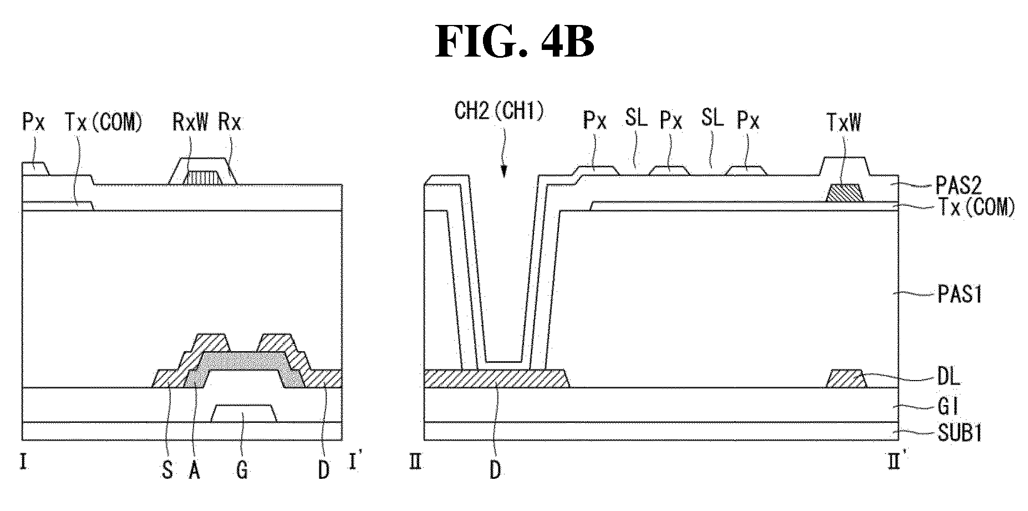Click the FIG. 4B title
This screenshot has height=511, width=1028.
pos(515,42)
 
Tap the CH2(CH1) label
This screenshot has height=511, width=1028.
pos(499,112)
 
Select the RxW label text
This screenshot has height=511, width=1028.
pos(190,122)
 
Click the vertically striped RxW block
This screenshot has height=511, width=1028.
pos(203,178)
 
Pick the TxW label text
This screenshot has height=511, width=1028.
pos(843,122)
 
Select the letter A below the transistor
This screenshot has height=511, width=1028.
pos(195,470)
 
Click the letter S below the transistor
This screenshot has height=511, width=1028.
pos(167,470)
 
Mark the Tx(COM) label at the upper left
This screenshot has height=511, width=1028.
pos(104,122)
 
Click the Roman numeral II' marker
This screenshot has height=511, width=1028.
pos(893,462)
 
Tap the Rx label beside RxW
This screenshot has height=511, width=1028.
pos(230,122)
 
